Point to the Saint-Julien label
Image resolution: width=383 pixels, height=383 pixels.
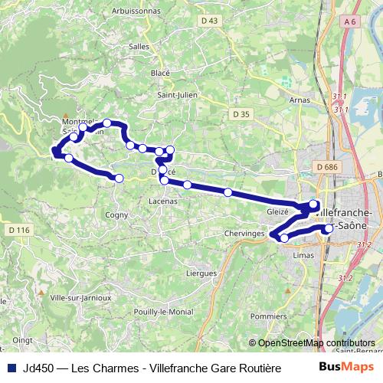[175, 95]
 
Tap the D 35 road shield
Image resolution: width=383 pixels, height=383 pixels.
[241, 114]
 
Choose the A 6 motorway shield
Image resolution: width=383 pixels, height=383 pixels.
[351, 23]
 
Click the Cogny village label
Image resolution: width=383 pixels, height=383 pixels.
[116, 215]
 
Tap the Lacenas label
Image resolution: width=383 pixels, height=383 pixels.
[162, 201]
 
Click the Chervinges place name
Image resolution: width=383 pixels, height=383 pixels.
[245, 233]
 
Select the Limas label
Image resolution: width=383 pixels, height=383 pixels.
[303, 256]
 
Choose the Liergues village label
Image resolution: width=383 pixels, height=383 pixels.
[201, 272]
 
